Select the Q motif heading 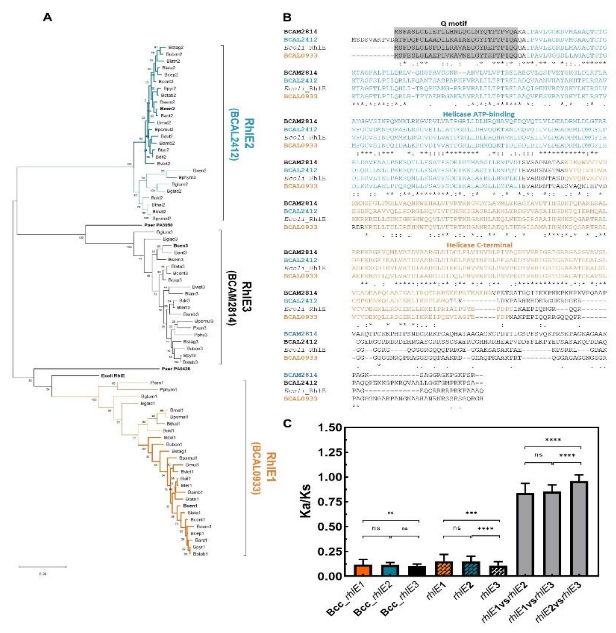(454, 23)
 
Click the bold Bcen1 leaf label (190, 506)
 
